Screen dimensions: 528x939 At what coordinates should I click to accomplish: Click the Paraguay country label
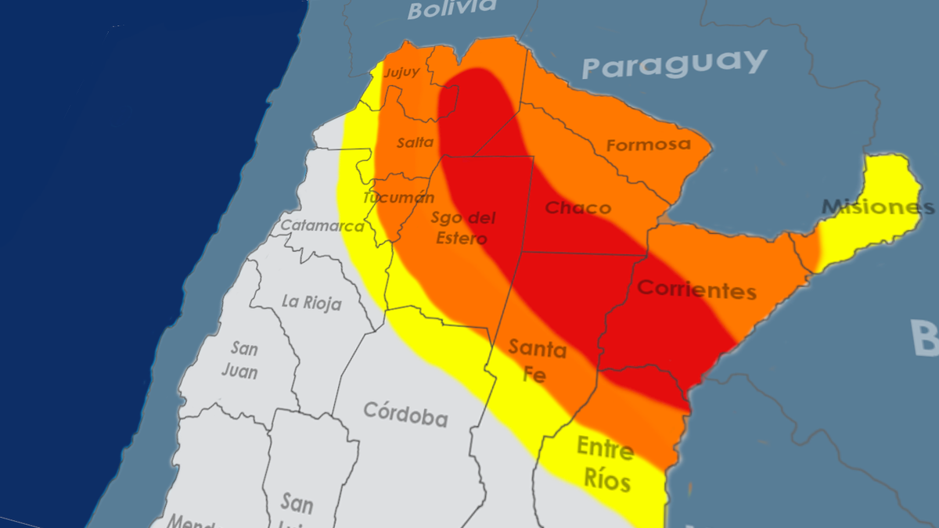click(674, 64)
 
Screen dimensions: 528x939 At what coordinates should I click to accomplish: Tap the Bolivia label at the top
click(452, 9)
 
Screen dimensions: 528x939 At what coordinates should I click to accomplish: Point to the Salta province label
click(415, 142)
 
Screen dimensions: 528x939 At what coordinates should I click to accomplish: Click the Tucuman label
click(398, 197)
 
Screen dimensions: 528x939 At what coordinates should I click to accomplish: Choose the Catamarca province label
click(322, 226)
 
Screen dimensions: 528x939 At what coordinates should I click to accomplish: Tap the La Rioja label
click(311, 303)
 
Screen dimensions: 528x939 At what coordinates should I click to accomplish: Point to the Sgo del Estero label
click(464, 228)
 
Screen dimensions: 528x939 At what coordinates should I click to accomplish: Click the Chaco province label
click(577, 208)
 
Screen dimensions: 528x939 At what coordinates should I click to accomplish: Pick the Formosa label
click(648, 145)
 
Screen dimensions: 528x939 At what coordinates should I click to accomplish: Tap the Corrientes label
click(696, 289)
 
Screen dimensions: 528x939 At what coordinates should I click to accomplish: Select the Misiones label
click(877, 207)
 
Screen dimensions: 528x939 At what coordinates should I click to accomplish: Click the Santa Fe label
click(537, 361)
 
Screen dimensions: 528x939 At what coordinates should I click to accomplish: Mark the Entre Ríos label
click(605, 464)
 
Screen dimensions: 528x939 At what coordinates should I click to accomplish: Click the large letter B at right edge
click(925, 338)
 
